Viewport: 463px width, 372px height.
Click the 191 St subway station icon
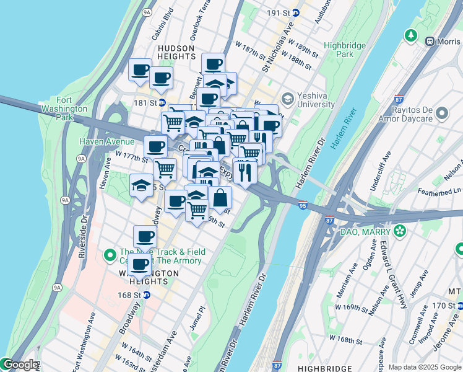pos(296,12)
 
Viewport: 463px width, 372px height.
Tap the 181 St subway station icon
pos(162,103)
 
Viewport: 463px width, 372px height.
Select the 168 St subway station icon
pos(146,295)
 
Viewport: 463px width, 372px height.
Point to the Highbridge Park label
pos(345,50)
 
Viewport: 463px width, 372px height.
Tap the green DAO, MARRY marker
pos(400,231)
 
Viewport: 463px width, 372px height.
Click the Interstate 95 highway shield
pos(302,205)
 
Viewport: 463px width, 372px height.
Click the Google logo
pos(20,365)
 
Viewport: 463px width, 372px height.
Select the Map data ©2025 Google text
pos(424,367)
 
